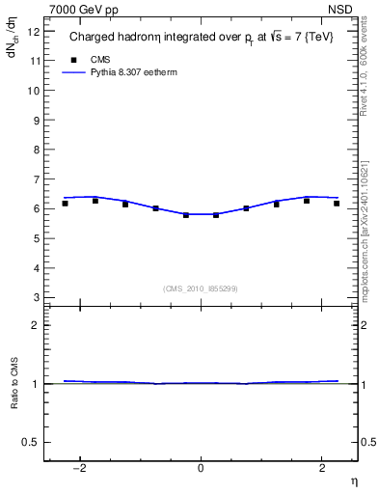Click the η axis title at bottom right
click(x=353, y=481)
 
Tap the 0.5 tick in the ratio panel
click(x=31, y=442)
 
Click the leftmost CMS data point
click(x=65, y=203)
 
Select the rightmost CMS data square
click(x=337, y=203)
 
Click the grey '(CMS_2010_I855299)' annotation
click(x=201, y=288)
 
